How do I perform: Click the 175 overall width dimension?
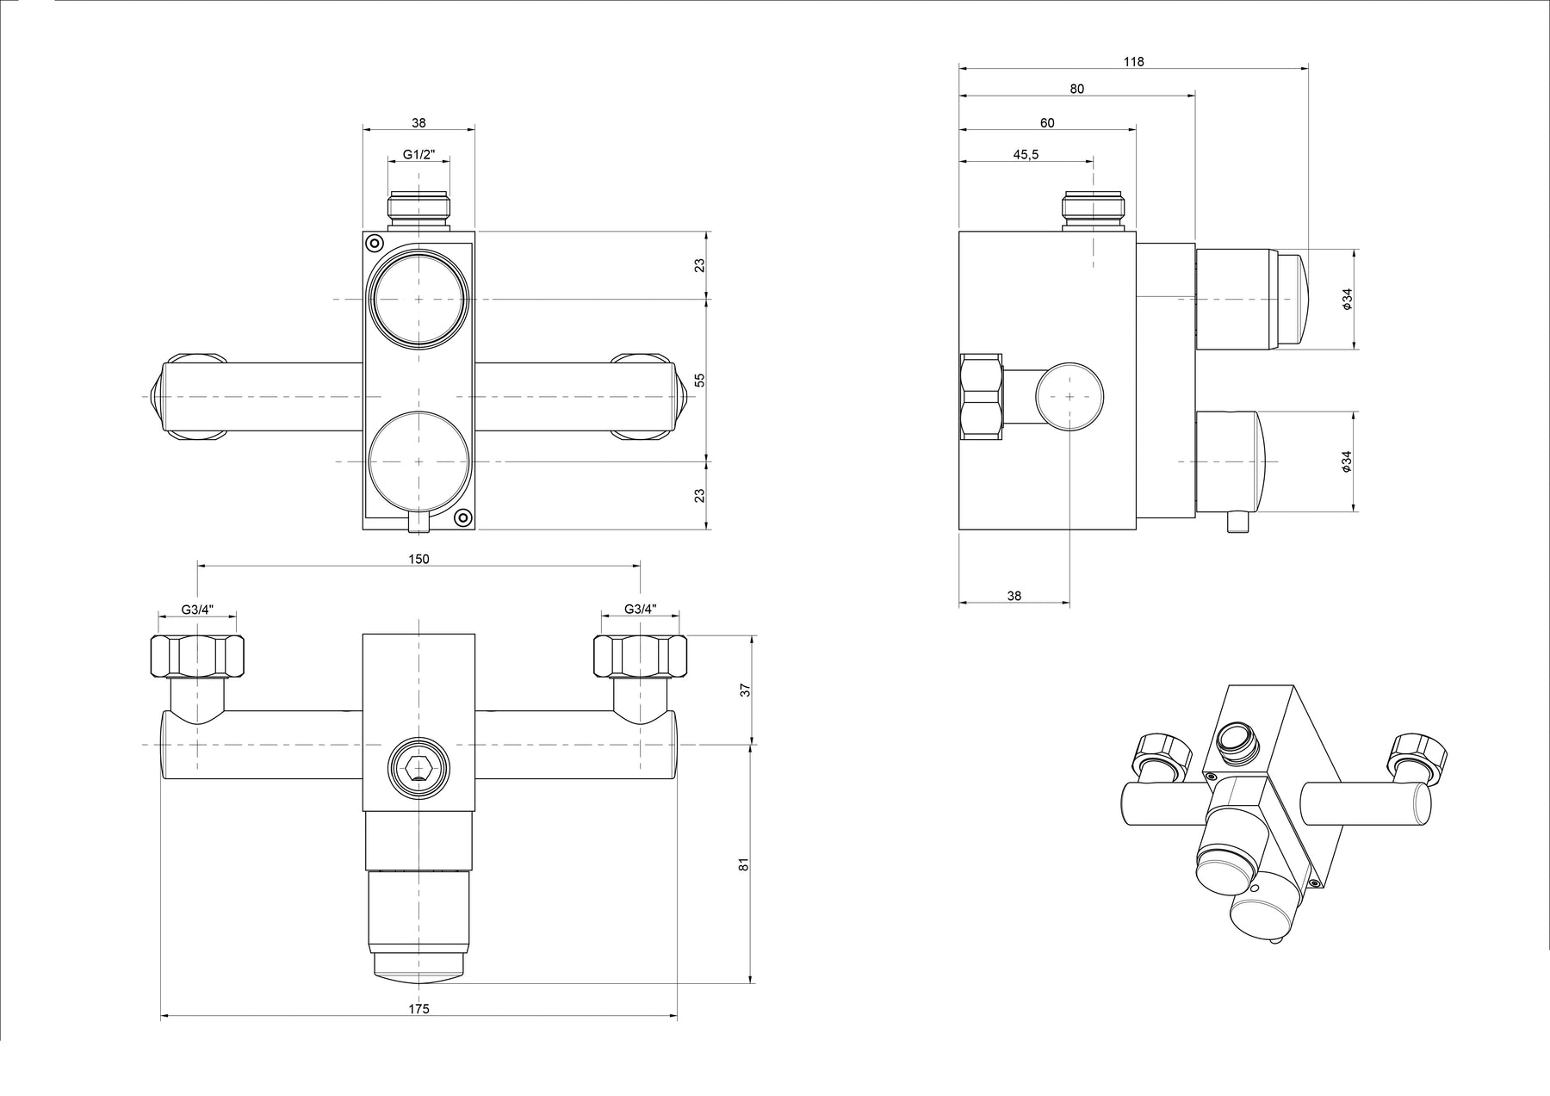[x=418, y=1008]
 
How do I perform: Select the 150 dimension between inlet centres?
[x=418, y=559]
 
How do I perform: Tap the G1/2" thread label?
[x=418, y=155]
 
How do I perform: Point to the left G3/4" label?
[x=197, y=610]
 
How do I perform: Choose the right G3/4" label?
[x=640, y=610]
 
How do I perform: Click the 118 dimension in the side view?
[x=1134, y=61]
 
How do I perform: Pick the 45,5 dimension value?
[x=1026, y=155]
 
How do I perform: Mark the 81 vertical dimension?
[x=745, y=863]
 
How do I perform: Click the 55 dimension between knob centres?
[x=699, y=380]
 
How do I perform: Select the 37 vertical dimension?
[x=745, y=690]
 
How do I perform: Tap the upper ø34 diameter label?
[x=1347, y=299]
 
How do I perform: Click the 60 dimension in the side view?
[x=1047, y=123]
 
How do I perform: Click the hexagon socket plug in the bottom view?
[x=418, y=767]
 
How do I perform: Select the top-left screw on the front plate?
[x=374, y=243]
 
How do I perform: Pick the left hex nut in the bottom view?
[x=197, y=656]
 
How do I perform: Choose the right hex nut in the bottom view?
[x=640, y=656]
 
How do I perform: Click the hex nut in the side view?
[x=982, y=396]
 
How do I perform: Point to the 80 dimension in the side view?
[x=1077, y=89]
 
